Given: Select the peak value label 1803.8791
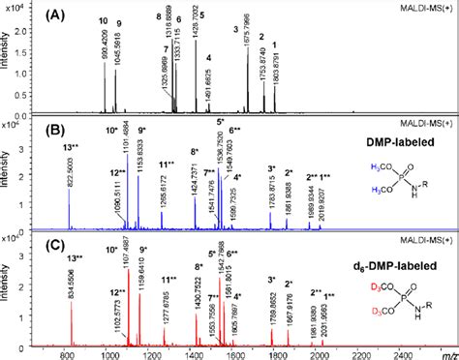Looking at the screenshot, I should [x=277, y=72].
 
